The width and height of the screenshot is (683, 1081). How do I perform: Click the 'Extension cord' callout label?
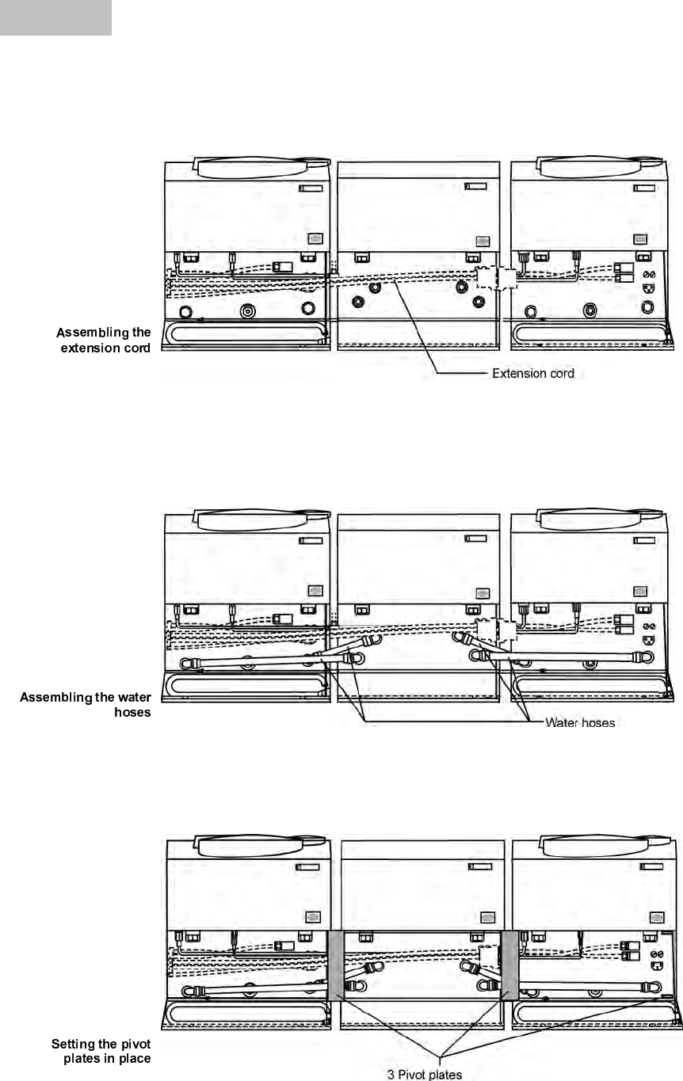[x=533, y=373]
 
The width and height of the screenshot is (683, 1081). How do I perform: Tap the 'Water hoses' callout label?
[x=580, y=722]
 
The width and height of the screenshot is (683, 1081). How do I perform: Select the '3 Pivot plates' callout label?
[x=424, y=1074]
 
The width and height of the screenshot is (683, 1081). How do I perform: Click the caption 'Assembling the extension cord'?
[x=103, y=340]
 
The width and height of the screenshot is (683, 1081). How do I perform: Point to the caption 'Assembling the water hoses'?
[x=86, y=705]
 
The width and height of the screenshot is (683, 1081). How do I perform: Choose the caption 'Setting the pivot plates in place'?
[x=101, y=1051]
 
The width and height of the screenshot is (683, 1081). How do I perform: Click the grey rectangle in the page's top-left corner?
[x=55, y=17]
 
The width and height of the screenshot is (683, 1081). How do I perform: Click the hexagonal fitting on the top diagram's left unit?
[x=185, y=312]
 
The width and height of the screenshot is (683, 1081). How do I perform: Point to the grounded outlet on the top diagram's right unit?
[x=649, y=288]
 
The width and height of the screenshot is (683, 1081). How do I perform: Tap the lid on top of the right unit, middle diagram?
[x=601, y=520]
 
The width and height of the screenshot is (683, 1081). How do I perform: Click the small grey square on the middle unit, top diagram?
[x=483, y=242]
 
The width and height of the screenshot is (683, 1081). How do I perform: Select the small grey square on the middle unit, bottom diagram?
[x=487, y=917]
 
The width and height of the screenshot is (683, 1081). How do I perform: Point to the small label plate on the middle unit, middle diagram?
[x=475, y=539]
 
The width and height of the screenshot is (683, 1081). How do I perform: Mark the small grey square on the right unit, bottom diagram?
[x=658, y=917]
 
